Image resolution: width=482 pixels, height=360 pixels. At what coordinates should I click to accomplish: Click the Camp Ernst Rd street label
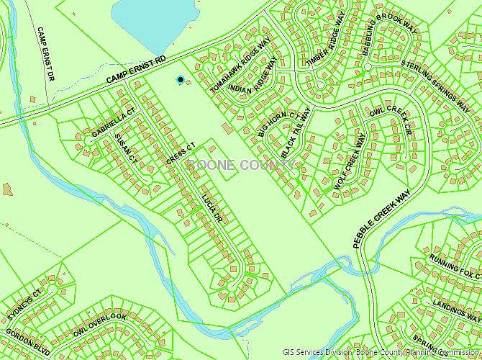(136, 68)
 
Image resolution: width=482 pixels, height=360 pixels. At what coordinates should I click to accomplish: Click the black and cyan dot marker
(180, 79)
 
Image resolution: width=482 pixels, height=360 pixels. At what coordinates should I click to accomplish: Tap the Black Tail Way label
(296, 134)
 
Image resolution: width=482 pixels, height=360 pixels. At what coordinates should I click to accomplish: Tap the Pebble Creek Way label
(381, 219)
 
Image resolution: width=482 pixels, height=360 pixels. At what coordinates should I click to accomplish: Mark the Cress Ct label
(181, 155)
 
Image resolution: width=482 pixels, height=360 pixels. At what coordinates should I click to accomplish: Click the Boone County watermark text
(241, 165)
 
